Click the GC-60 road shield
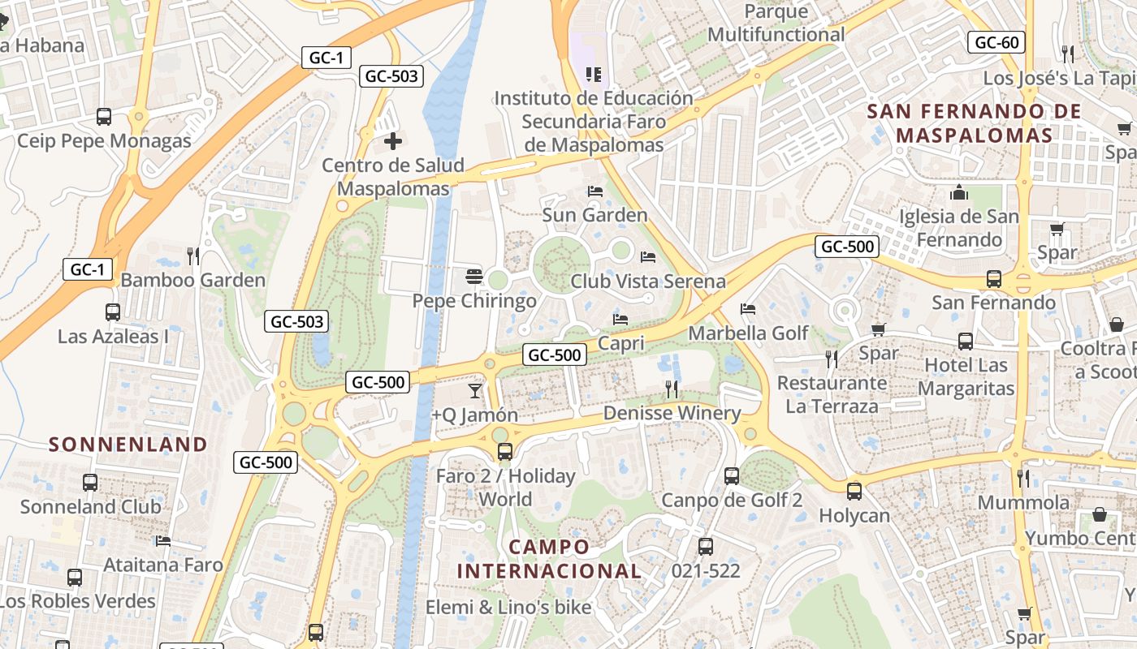pyautogui.click(x=996, y=42)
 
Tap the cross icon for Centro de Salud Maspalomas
pyautogui.click(x=393, y=141)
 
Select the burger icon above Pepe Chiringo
pyautogui.click(x=474, y=277)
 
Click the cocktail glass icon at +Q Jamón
pyautogui.click(x=475, y=391)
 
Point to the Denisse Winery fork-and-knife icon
pyautogui.click(x=672, y=389)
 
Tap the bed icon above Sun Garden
pyautogui.click(x=595, y=191)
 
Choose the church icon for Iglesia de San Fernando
pyautogui.click(x=959, y=193)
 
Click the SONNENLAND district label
pyautogui.click(x=128, y=444)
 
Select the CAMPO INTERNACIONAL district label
pyautogui.click(x=549, y=558)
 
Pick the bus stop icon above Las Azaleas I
pyautogui.click(x=113, y=312)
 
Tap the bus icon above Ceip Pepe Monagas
pyautogui.click(x=104, y=116)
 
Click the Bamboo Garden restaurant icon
pyautogui.click(x=193, y=256)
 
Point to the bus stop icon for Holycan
pyautogui.click(x=854, y=491)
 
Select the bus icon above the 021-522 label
pyautogui.click(x=706, y=547)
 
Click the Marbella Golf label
pyautogui.click(x=748, y=333)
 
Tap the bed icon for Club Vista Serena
pyautogui.click(x=648, y=257)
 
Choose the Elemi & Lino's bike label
pyautogui.click(x=508, y=606)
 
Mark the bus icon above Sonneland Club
pyautogui.click(x=90, y=483)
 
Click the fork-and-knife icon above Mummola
pyautogui.click(x=1023, y=479)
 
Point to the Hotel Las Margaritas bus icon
pyautogui.click(x=966, y=342)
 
